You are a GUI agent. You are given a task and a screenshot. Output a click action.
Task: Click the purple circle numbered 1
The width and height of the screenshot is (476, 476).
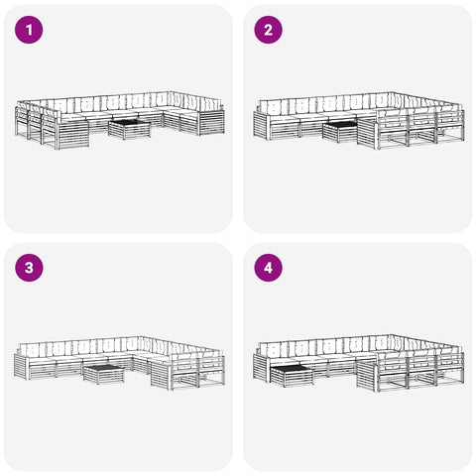[x=29, y=30]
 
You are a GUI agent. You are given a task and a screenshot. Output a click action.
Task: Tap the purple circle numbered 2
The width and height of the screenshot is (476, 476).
[x=268, y=30]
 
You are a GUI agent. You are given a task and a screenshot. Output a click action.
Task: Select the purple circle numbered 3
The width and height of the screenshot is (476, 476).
[x=29, y=268]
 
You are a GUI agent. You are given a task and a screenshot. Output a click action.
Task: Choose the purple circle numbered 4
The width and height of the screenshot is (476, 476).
[x=268, y=268]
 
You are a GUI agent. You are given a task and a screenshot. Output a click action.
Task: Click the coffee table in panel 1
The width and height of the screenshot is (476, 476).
[x=129, y=129]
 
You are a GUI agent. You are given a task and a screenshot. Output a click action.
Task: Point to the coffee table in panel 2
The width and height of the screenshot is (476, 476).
[x=341, y=132]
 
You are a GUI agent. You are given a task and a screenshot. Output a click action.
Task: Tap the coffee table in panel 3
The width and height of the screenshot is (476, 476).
[x=103, y=374]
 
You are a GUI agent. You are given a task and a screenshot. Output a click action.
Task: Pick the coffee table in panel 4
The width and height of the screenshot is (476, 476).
[x=292, y=376]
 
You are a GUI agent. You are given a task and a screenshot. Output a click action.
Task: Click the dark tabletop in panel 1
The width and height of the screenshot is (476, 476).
[x=129, y=123]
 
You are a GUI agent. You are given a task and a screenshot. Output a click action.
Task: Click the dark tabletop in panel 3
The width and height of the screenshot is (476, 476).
[x=103, y=367]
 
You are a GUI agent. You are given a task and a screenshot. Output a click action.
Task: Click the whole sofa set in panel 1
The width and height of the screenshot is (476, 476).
[x=120, y=120]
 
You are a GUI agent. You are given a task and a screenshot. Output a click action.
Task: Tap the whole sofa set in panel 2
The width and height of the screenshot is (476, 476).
[x=359, y=121]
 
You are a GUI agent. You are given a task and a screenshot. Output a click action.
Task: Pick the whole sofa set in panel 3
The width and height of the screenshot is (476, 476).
[x=119, y=363]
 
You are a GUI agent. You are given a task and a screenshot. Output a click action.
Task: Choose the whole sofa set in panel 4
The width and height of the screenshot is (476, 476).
[x=359, y=363]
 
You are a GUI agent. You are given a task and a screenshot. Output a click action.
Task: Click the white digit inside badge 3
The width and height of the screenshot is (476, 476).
[x=29, y=268]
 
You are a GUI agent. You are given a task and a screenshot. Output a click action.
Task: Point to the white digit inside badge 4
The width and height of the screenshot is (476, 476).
[x=268, y=268]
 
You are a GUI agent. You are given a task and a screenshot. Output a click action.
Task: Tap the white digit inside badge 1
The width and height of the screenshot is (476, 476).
[x=29, y=30]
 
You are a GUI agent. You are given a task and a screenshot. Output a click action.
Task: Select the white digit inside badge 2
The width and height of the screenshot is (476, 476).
[x=268, y=30]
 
